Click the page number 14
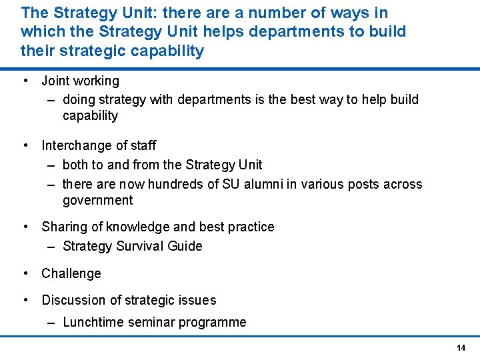(461, 348)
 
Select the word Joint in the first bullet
(55, 81)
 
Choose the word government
(97, 201)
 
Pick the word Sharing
(64, 227)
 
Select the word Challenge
(71, 273)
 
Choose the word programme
(213, 323)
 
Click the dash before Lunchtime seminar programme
(51, 323)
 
